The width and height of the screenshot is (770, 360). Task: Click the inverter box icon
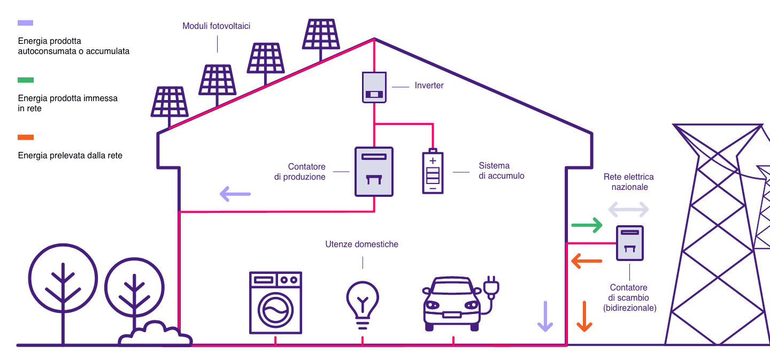[374, 87]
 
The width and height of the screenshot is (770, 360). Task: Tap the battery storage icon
[433, 172]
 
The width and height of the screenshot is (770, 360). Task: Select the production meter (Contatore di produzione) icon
[374, 171]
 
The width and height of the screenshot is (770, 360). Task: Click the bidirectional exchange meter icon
[629, 243]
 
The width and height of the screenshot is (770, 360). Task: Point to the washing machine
[275, 303]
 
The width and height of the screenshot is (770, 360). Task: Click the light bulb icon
[363, 303]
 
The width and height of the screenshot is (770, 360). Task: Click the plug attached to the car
[491, 287]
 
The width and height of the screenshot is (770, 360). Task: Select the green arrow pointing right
[587, 225]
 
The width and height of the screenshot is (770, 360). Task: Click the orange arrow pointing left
[587, 262]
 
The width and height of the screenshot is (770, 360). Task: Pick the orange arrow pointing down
[584, 316]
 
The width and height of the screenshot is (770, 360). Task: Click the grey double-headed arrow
[628, 209]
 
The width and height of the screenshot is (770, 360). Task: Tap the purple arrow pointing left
[235, 194]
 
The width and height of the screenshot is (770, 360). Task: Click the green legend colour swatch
[26, 80]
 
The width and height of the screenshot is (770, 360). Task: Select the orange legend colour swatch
[26, 137]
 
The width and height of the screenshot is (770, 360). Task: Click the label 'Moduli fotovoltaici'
[216, 26]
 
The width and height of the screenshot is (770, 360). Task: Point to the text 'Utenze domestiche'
[361, 244]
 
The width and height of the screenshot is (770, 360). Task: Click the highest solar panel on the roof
[320, 34]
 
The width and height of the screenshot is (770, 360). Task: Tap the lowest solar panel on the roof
[170, 102]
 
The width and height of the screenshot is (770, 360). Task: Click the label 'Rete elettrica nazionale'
[628, 182]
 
